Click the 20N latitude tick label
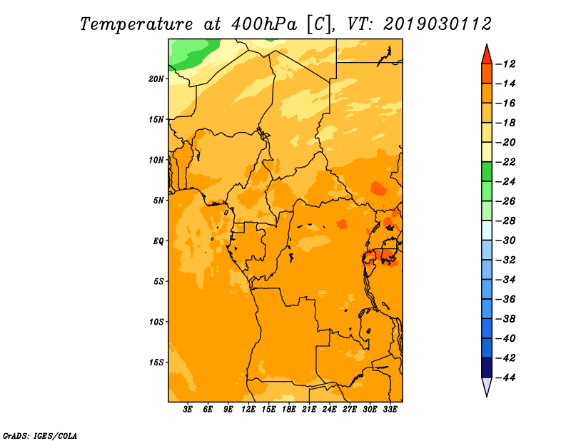pos(156,79)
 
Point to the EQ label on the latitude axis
pos(158,241)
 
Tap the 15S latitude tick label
pos(156,363)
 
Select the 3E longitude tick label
pos(188,409)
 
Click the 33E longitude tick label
pos(390,409)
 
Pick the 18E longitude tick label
pos(289,409)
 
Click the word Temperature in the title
pos(136,24)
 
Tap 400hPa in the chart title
pos(264,24)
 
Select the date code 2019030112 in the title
pos(438,24)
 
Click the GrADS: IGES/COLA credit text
pos(40,436)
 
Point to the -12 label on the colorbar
pos(505,64)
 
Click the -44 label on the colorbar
pos(505,377)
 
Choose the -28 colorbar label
pos(505,221)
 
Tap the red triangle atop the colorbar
pos(487,55)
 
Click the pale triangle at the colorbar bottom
pos(487,387)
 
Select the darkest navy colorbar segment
pos(487,367)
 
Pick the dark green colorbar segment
pos(487,172)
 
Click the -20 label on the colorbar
pos(505,143)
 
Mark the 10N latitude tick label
pos(156,161)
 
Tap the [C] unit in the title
pos(319,25)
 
